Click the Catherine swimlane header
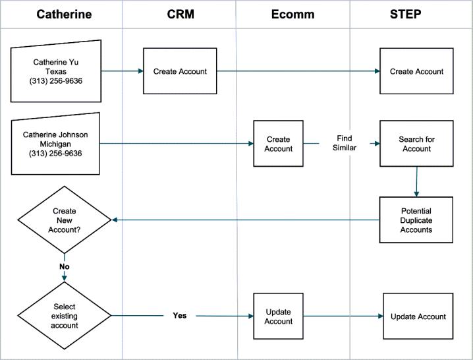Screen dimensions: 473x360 (64, 15)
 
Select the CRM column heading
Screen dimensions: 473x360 (181, 15)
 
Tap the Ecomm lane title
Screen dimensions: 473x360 (292, 15)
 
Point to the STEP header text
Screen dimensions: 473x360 (405, 15)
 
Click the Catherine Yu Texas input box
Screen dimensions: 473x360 (56, 72)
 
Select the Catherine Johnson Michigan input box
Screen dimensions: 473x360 (55, 144)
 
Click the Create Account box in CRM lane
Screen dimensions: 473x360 (180, 71)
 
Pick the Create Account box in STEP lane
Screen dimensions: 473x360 (416, 71)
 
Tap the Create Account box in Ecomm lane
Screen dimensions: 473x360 (279, 144)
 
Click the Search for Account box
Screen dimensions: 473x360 (416, 144)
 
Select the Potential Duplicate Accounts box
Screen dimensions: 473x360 (416, 220)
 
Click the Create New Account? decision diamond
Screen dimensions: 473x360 (65, 220)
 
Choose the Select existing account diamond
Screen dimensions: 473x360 (65, 316)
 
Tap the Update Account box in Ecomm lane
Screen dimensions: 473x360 (279, 316)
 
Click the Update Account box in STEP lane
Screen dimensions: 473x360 (418, 316)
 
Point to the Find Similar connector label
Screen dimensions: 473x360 (345, 143)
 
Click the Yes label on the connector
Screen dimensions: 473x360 (180, 316)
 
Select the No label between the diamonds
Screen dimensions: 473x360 (65, 266)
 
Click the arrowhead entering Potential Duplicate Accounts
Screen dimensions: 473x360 (416, 194)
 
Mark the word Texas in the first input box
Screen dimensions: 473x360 (56, 72)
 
